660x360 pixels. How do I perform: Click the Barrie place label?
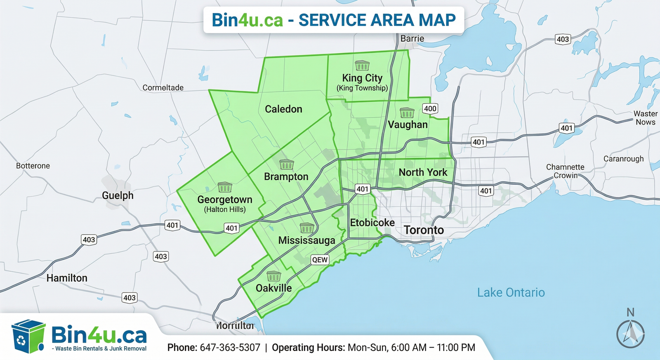(412, 38)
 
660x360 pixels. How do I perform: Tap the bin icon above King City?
(362, 65)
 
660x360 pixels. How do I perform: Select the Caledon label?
(283, 109)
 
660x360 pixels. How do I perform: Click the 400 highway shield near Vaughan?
(430, 108)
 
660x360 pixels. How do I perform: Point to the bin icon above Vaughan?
(407, 113)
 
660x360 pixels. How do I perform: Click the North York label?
(423, 172)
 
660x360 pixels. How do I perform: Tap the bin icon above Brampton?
(286, 165)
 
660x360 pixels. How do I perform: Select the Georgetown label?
(225, 200)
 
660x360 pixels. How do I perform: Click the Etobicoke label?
(372, 223)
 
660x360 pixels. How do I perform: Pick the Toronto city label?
(424, 230)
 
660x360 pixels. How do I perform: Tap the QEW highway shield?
(320, 259)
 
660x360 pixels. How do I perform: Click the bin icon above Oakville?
(273, 276)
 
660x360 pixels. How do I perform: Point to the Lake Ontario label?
(511, 293)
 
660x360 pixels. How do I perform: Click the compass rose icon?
(630, 333)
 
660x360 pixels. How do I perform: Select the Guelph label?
(118, 195)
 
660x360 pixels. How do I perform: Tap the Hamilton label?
(67, 278)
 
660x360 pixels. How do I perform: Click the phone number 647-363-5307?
(230, 348)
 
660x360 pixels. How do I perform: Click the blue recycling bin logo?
(28, 336)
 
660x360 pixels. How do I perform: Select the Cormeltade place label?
(163, 88)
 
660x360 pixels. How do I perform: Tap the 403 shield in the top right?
(563, 39)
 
